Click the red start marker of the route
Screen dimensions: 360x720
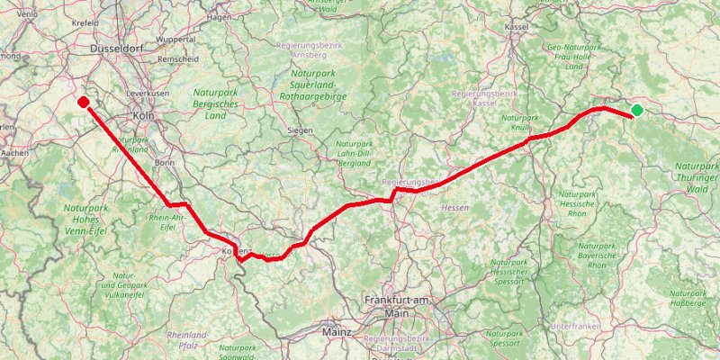click(83, 103)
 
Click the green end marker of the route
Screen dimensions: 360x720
click(637, 111)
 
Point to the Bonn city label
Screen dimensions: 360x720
click(165, 163)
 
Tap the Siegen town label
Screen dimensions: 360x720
click(300, 130)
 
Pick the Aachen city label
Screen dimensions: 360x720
click(15, 154)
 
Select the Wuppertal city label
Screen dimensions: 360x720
click(175, 40)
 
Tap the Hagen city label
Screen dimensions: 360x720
click(219, 16)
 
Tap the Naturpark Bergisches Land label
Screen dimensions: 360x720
click(216, 103)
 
